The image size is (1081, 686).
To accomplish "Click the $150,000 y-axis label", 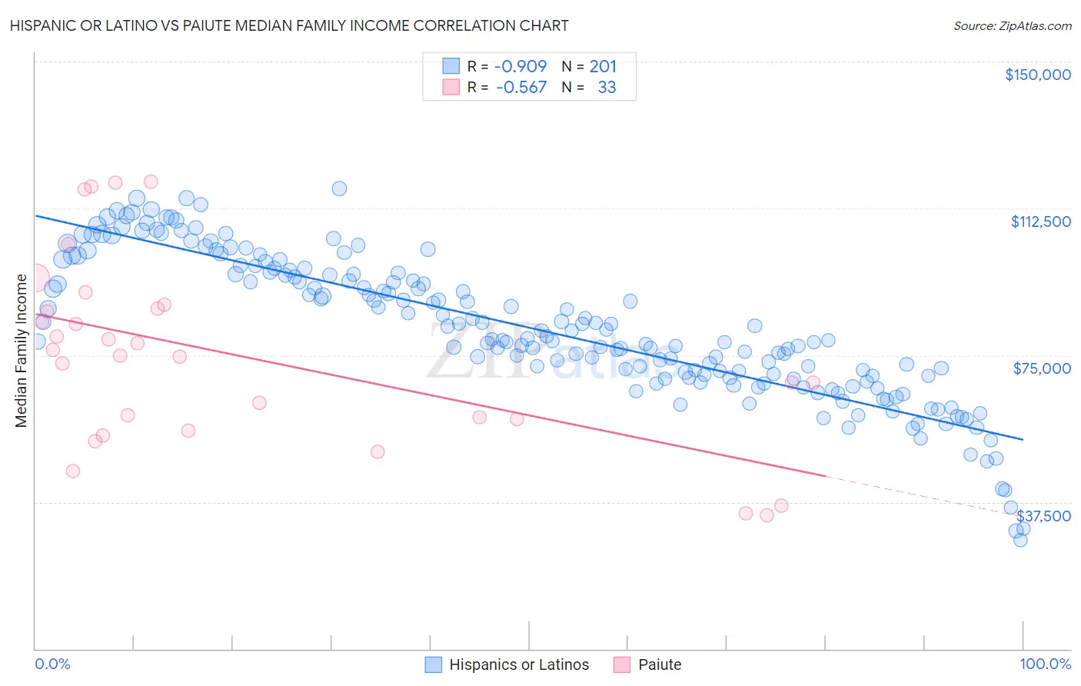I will coord(1037,75).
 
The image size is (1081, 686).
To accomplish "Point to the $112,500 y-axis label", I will coord(1040,221).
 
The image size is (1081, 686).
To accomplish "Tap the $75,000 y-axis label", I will coord(1042,368).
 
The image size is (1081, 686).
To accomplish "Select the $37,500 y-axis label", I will coord(1043,516).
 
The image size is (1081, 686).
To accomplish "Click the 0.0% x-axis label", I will coord(53,664).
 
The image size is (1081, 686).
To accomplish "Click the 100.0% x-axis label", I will coord(1046,664).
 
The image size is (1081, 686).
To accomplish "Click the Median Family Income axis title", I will coord(22,350).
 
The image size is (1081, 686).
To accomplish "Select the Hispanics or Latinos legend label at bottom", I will coord(519,665).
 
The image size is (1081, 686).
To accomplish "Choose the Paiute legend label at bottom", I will coord(660,665).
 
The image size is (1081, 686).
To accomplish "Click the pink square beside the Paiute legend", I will coord(621,665).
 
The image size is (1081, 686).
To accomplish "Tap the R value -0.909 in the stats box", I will coord(521,67).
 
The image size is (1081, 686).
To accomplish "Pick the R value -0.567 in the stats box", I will coord(521,88).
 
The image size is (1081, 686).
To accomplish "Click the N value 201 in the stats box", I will coord(603,67).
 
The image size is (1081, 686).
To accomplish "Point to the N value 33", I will coord(607,88).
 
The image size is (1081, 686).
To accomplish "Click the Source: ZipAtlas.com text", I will coord(1012,26).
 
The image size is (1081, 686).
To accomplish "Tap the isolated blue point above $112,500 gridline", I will coord(339,188).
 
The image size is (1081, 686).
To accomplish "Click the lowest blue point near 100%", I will coord(1020,540).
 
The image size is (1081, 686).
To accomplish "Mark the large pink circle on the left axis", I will coord(35,280).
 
